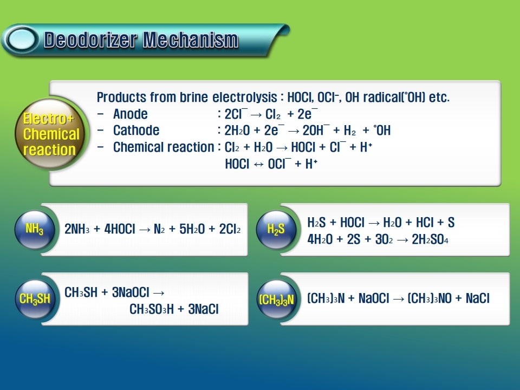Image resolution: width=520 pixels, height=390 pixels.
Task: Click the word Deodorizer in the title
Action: (90, 40)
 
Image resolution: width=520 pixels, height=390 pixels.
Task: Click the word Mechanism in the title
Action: (191, 40)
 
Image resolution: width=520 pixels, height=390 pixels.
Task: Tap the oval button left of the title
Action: (21, 40)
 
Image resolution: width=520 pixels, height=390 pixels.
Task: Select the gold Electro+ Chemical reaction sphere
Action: (50, 133)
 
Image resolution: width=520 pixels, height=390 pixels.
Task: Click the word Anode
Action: (131, 114)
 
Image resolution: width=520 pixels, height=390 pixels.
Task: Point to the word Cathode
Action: (136, 131)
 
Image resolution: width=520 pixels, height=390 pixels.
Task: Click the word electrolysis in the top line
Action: (244, 97)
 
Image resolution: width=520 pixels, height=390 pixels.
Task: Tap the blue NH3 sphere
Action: (35, 229)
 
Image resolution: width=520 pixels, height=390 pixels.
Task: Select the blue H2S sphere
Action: (276, 229)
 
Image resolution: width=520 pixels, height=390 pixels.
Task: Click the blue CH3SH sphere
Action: (35, 299)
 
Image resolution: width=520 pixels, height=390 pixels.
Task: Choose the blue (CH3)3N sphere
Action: (276, 299)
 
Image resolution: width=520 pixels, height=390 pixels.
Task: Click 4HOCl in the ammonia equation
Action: (120, 229)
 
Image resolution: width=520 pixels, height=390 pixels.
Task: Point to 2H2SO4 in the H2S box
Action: (430, 239)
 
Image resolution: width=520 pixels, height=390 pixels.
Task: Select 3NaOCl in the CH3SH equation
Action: (131, 292)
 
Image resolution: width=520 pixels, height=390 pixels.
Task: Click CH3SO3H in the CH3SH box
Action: (152, 309)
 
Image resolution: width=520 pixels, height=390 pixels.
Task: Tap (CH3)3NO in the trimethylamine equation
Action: (430, 298)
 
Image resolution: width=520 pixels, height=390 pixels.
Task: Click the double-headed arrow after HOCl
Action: (258, 164)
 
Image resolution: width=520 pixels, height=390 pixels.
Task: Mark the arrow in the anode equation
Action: (256, 115)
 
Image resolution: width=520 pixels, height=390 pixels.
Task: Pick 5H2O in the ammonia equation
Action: (192, 229)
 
